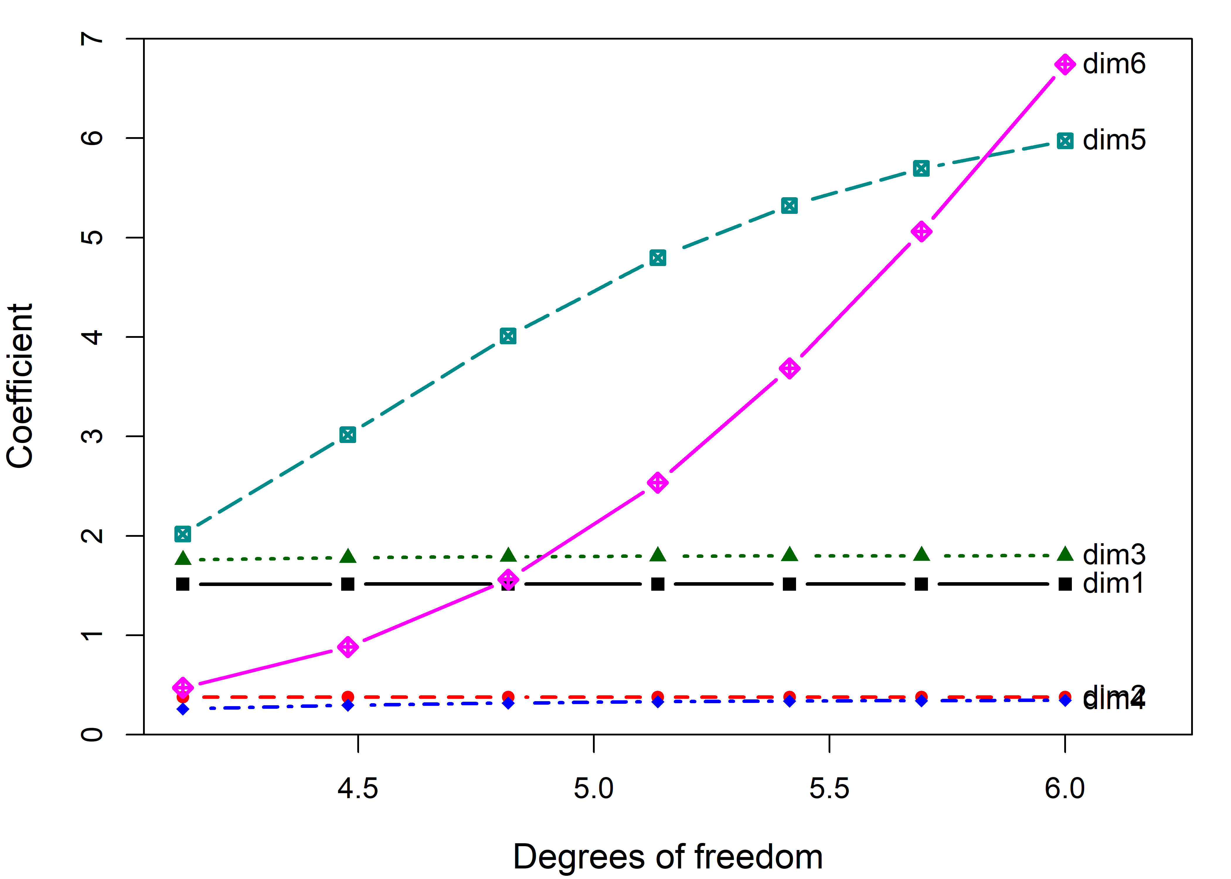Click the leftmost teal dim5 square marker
[183, 534]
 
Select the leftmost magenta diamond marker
[183, 687]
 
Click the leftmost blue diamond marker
[183, 709]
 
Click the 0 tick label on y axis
[92, 735]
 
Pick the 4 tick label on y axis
[92, 337]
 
